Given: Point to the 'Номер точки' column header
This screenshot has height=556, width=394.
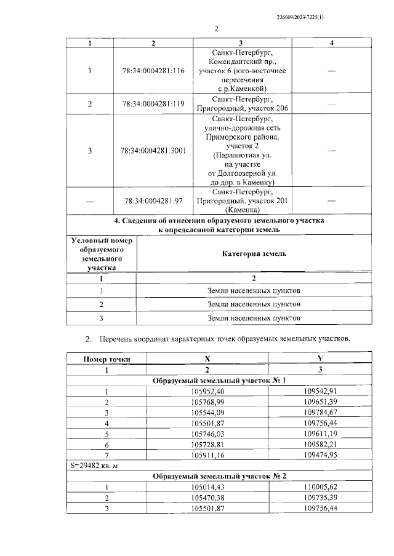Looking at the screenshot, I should (106, 359).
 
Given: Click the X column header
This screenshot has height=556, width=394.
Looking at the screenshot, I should (207, 359).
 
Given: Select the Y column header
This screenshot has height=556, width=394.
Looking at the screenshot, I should (320, 359).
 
